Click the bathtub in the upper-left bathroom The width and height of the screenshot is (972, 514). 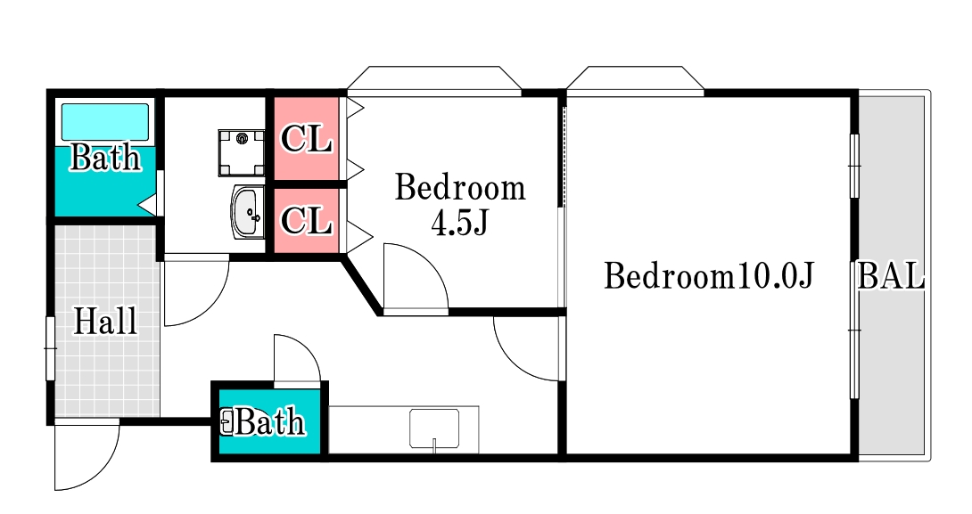coord(104,122)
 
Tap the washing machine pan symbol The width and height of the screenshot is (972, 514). coord(241,152)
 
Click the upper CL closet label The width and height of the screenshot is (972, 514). coord(306,139)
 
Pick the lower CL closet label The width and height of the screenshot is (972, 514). coord(306,220)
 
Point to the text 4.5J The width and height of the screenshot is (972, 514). coord(459,224)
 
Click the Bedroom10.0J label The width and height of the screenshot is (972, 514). coord(709,275)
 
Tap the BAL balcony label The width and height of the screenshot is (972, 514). coord(891,276)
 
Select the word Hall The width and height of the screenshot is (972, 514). coord(105,322)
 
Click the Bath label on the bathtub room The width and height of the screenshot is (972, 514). coord(105,158)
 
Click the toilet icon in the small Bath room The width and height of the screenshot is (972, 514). coord(227,421)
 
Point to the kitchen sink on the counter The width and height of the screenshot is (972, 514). coord(434,428)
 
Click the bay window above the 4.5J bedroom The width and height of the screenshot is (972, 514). coord(434,78)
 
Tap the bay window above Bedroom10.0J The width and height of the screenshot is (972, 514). coord(636,78)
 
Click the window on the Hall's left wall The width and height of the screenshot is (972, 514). coord(50,348)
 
